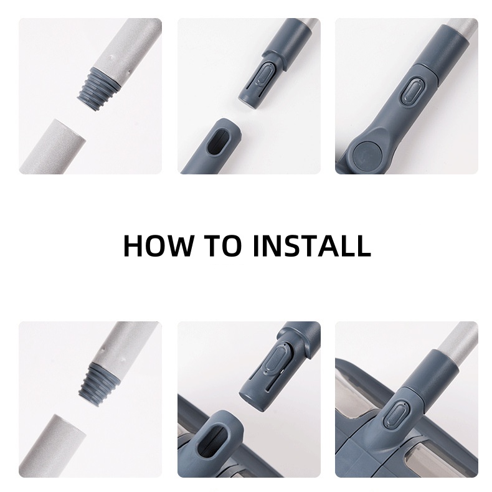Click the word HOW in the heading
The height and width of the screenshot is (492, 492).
coord(157,245)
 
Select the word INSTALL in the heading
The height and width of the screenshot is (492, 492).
coord(312,245)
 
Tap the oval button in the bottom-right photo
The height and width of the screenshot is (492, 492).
coord(395,416)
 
